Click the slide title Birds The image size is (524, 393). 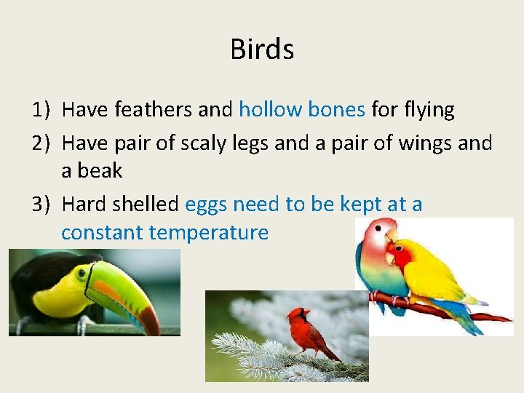point(262,49)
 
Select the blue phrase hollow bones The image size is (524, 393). point(302,110)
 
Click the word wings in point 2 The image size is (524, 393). point(426,143)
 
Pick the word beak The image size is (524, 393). point(101,171)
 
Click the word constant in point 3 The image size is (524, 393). point(103,233)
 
